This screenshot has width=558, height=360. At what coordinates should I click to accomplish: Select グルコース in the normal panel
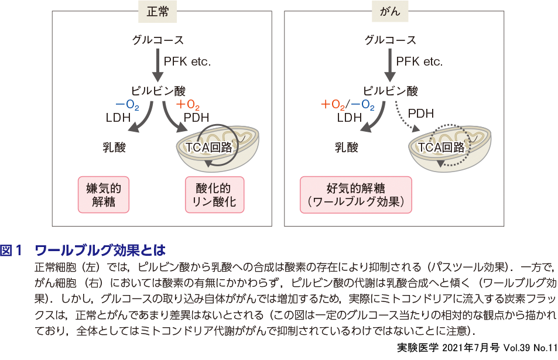158,40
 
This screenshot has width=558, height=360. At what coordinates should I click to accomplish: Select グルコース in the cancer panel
391,40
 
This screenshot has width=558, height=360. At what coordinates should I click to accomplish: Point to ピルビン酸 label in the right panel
391,91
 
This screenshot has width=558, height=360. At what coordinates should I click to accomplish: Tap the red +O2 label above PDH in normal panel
188,105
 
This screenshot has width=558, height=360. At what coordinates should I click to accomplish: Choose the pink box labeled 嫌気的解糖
103,196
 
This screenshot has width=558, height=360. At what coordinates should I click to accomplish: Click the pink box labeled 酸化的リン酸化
214,196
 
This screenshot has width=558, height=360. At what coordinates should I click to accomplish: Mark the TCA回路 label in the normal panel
208,147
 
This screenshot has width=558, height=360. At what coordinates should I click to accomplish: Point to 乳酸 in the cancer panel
347,147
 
